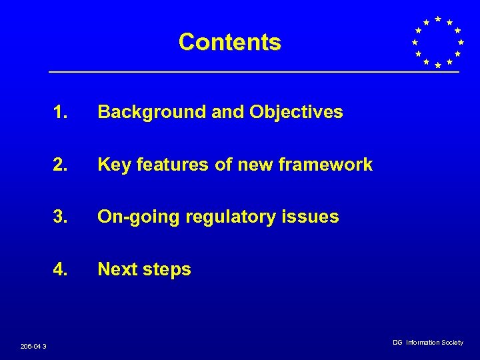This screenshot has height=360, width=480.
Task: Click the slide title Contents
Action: tap(229, 42)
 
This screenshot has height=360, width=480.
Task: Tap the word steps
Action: tap(167, 270)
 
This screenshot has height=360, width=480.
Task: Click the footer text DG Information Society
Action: tap(427, 342)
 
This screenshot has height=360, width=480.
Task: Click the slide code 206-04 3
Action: tap(33, 345)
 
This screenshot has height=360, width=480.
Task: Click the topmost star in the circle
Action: tap(437, 19)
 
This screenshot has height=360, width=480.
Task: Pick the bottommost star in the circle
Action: tap(437, 65)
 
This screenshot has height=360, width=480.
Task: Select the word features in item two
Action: tap(173, 165)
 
